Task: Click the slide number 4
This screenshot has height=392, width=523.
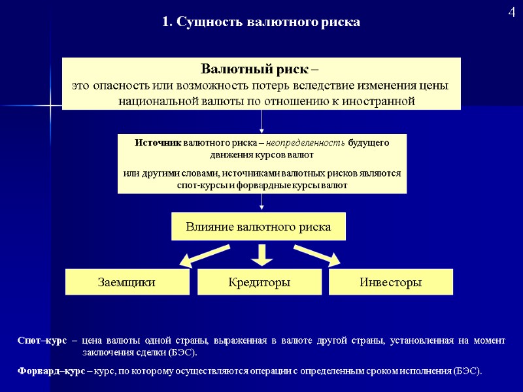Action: tap(512, 12)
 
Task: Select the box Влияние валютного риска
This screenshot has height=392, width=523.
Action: tap(258, 227)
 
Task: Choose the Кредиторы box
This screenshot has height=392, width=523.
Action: tap(260, 282)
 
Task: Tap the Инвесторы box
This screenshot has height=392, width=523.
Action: tap(390, 282)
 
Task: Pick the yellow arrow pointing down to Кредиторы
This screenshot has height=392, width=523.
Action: tap(261, 255)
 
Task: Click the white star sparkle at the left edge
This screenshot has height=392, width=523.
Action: tap(50, 106)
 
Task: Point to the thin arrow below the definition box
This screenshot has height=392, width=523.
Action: tap(261, 122)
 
